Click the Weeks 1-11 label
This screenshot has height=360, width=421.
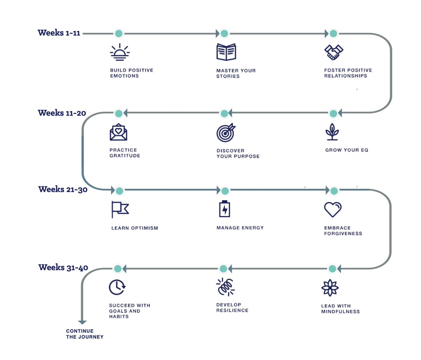coord(59,33)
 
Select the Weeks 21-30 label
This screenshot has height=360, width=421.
coord(63,189)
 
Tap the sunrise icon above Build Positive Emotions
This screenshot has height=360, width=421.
coord(120,52)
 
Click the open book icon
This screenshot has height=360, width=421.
coord(226,52)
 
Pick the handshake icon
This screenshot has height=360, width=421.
coord(334,52)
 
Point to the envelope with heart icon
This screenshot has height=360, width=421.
coord(118,132)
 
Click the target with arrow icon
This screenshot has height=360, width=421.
coord(226,133)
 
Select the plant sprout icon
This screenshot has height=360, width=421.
coord(332,132)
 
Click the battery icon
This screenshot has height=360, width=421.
coord(225,209)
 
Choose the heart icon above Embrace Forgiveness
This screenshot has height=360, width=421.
coord(333,209)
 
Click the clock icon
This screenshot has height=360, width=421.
coord(117,287)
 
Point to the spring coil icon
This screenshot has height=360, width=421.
coord(225,287)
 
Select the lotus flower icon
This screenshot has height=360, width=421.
coord(330,288)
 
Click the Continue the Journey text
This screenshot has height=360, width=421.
coord(85,334)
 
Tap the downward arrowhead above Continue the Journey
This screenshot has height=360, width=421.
coord(82,322)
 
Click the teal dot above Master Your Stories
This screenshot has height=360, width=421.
coord(224,34)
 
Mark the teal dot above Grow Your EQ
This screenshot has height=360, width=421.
coord(333,114)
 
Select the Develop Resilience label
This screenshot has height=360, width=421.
coord(232,307)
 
